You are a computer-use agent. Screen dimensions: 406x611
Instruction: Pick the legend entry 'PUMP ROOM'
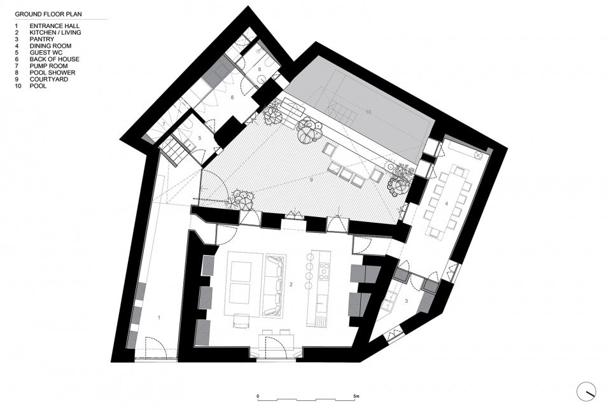pyautogui.click(x=45, y=66)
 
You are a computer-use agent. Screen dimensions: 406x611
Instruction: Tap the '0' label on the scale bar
pyautogui.click(x=258, y=396)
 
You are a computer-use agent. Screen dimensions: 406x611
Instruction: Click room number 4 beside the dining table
pyautogui.click(x=447, y=204)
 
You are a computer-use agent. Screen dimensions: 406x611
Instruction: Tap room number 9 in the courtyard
pyautogui.click(x=311, y=181)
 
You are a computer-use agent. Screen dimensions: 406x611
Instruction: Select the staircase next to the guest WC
pyautogui.click(x=172, y=151)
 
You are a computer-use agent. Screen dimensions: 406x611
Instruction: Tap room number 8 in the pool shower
pyautogui.click(x=260, y=68)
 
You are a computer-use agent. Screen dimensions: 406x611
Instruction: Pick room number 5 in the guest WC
pyautogui.click(x=199, y=137)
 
